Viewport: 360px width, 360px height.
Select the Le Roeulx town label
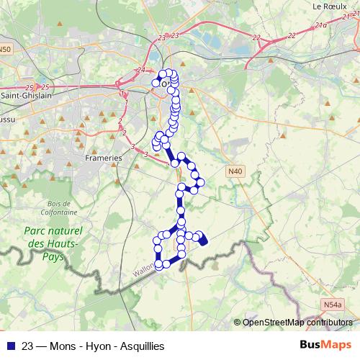(331, 6)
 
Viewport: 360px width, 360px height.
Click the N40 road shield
(234, 171)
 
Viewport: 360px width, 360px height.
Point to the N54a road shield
(332, 305)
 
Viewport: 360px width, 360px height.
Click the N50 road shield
(6, 49)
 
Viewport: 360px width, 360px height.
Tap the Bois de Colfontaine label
(50, 208)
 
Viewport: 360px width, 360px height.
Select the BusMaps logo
(326, 346)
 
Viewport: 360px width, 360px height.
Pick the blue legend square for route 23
(9, 346)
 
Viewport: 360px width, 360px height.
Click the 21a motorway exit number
(322, 26)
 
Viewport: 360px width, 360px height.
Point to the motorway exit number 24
(140, 70)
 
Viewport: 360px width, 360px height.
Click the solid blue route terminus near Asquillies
(202, 240)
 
